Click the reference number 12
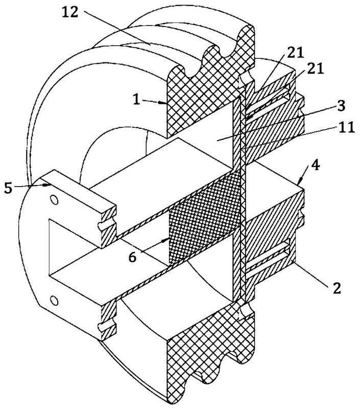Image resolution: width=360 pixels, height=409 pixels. [x=70, y=12]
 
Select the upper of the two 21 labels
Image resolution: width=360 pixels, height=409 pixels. [x=295, y=53]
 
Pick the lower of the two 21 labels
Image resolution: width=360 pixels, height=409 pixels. [x=315, y=69]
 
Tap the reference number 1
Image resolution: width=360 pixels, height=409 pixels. [x=136, y=99]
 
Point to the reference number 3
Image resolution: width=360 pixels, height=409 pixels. [x=341, y=106]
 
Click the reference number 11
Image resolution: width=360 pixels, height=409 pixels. [x=346, y=127]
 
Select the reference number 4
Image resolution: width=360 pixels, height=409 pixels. [x=315, y=165]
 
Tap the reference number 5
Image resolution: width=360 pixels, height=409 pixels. [x=8, y=188]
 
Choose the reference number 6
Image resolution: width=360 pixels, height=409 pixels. [x=133, y=257]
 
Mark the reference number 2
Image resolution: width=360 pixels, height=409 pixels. [x=337, y=288]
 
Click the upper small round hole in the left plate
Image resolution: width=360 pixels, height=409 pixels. [x=54, y=200]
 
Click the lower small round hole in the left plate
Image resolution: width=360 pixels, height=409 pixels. [x=54, y=300]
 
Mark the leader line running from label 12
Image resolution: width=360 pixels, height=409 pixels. [x=117, y=28]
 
